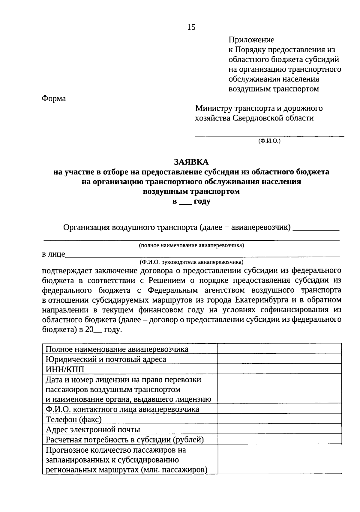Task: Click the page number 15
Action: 191,27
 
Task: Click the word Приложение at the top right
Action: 251,40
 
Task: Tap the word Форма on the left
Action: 54,98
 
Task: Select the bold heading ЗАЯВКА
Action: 191,162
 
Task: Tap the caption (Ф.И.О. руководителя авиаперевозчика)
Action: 191,262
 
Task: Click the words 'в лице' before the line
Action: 53,255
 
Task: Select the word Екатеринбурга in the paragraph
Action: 264,300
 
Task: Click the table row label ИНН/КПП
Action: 65,369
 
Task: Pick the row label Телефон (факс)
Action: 73,419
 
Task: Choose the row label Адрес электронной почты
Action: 93,429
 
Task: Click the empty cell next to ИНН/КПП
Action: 279,369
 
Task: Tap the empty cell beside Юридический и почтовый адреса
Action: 279,359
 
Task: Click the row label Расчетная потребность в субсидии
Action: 124,439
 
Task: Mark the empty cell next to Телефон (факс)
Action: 279,419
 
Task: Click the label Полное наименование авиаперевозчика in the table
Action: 117,349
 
